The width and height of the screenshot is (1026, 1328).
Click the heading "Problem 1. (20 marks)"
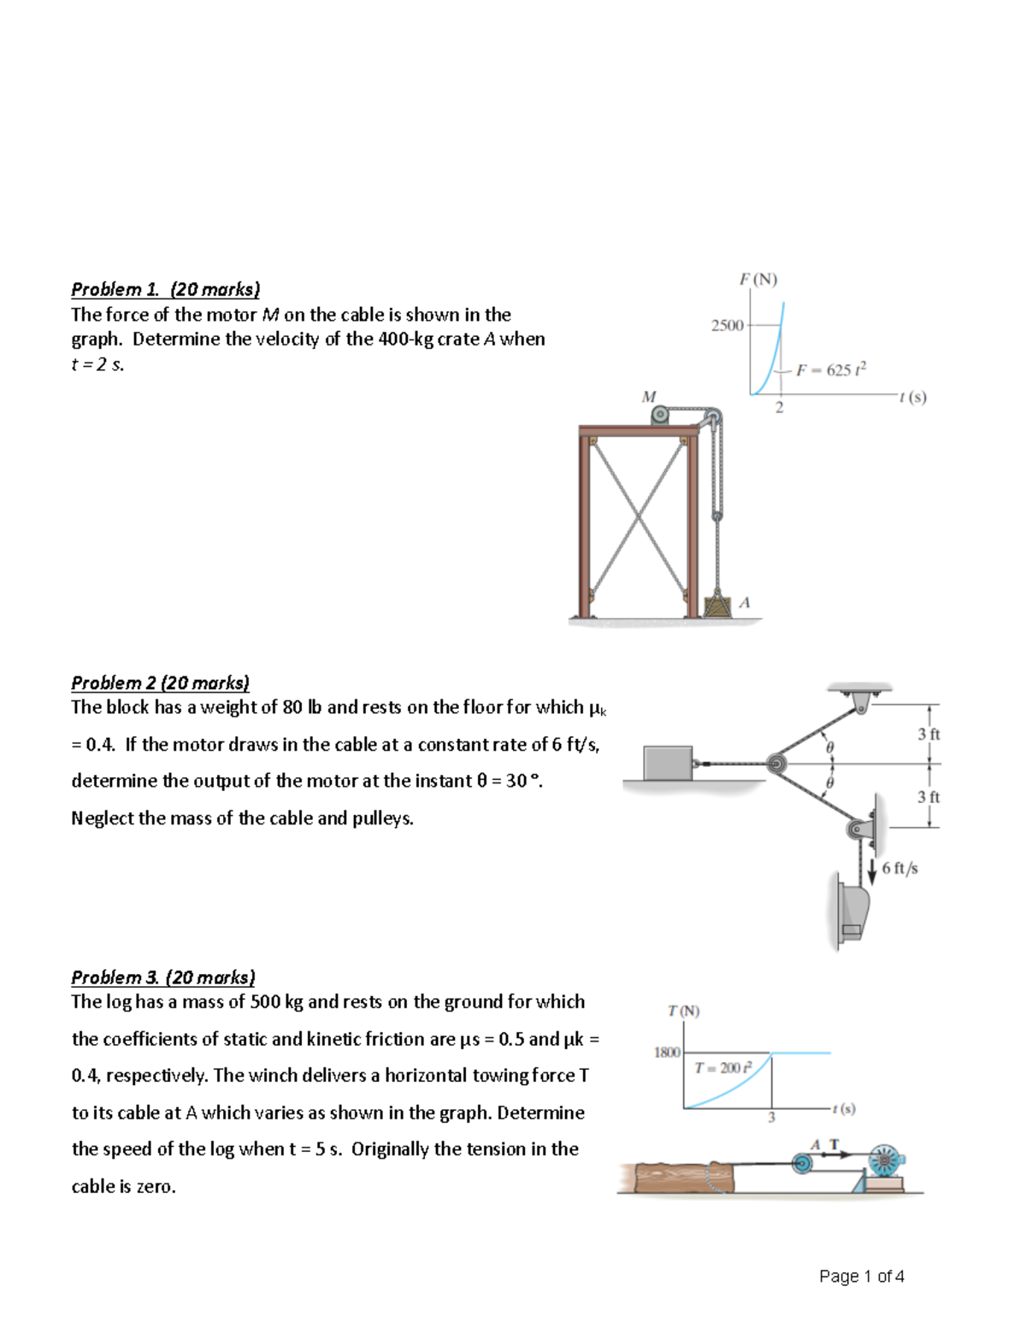(x=165, y=289)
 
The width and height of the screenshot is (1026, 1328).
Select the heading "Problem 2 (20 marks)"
(x=160, y=682)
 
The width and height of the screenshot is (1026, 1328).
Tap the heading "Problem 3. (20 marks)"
(x=162, y=977)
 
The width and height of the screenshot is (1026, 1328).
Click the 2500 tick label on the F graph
(x=727, y=325)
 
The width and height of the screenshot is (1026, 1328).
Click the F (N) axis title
(x=758, y=279)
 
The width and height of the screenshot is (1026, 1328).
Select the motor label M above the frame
(x=649, y=396)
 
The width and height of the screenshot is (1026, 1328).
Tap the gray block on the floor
(x=668, y=763)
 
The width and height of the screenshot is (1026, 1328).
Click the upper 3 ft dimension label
(x=929, y=734)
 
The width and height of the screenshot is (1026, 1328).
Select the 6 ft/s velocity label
(x=899, y=868)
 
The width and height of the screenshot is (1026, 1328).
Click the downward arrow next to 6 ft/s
(x=872, y=871)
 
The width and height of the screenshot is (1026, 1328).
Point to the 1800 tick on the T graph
(x=667, y=1053)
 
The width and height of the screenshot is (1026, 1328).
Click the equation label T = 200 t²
(x=723, y=1067)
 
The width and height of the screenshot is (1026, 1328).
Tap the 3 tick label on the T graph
(x=771, y=1118)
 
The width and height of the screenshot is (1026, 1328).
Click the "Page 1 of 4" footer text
(x=861, y=1276)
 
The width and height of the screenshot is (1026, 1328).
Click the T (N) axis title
(x=683, y=1011)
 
